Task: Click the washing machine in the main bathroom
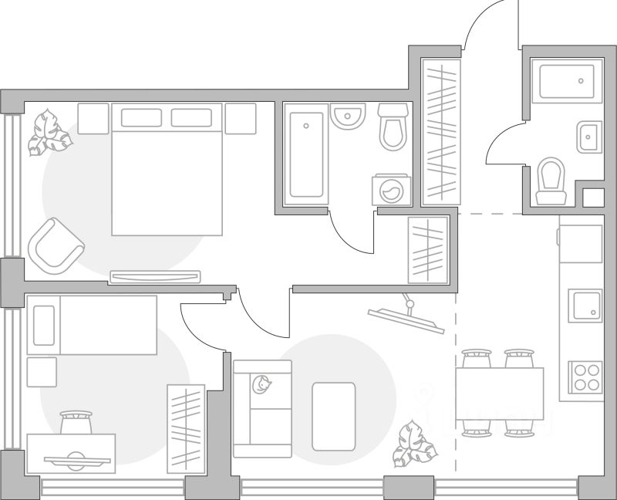click(392, 190)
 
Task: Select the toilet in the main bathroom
click(393, 127)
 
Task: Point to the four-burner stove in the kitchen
click(585, 378)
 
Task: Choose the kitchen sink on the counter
click(585, 306)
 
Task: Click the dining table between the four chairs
click(499, 394)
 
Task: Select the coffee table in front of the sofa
click(333, 416)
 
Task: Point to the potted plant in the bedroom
click(49, 132)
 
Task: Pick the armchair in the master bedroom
click(55, 247)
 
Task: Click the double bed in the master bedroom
click(167, 170)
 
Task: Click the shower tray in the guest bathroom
click(567, 83)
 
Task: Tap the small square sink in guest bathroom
click(588, 138)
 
